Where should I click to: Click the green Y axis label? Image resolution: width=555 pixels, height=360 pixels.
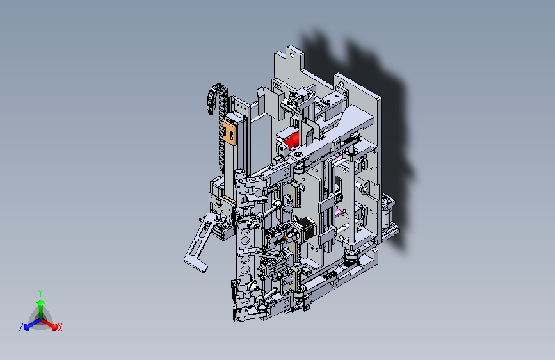[x=40, y=293]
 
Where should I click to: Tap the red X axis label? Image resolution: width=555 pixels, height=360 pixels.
[x=60, y=328]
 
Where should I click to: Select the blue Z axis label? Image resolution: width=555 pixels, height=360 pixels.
[x=21, y=327]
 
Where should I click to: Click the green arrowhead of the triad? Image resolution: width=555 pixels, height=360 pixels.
[x=41, y=303]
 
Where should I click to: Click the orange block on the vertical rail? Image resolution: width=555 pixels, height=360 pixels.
[x=229, y=133]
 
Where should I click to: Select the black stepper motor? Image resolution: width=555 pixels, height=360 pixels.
[x=306, y=229]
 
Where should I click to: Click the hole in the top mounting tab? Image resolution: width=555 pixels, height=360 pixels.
[x=292, y=56]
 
